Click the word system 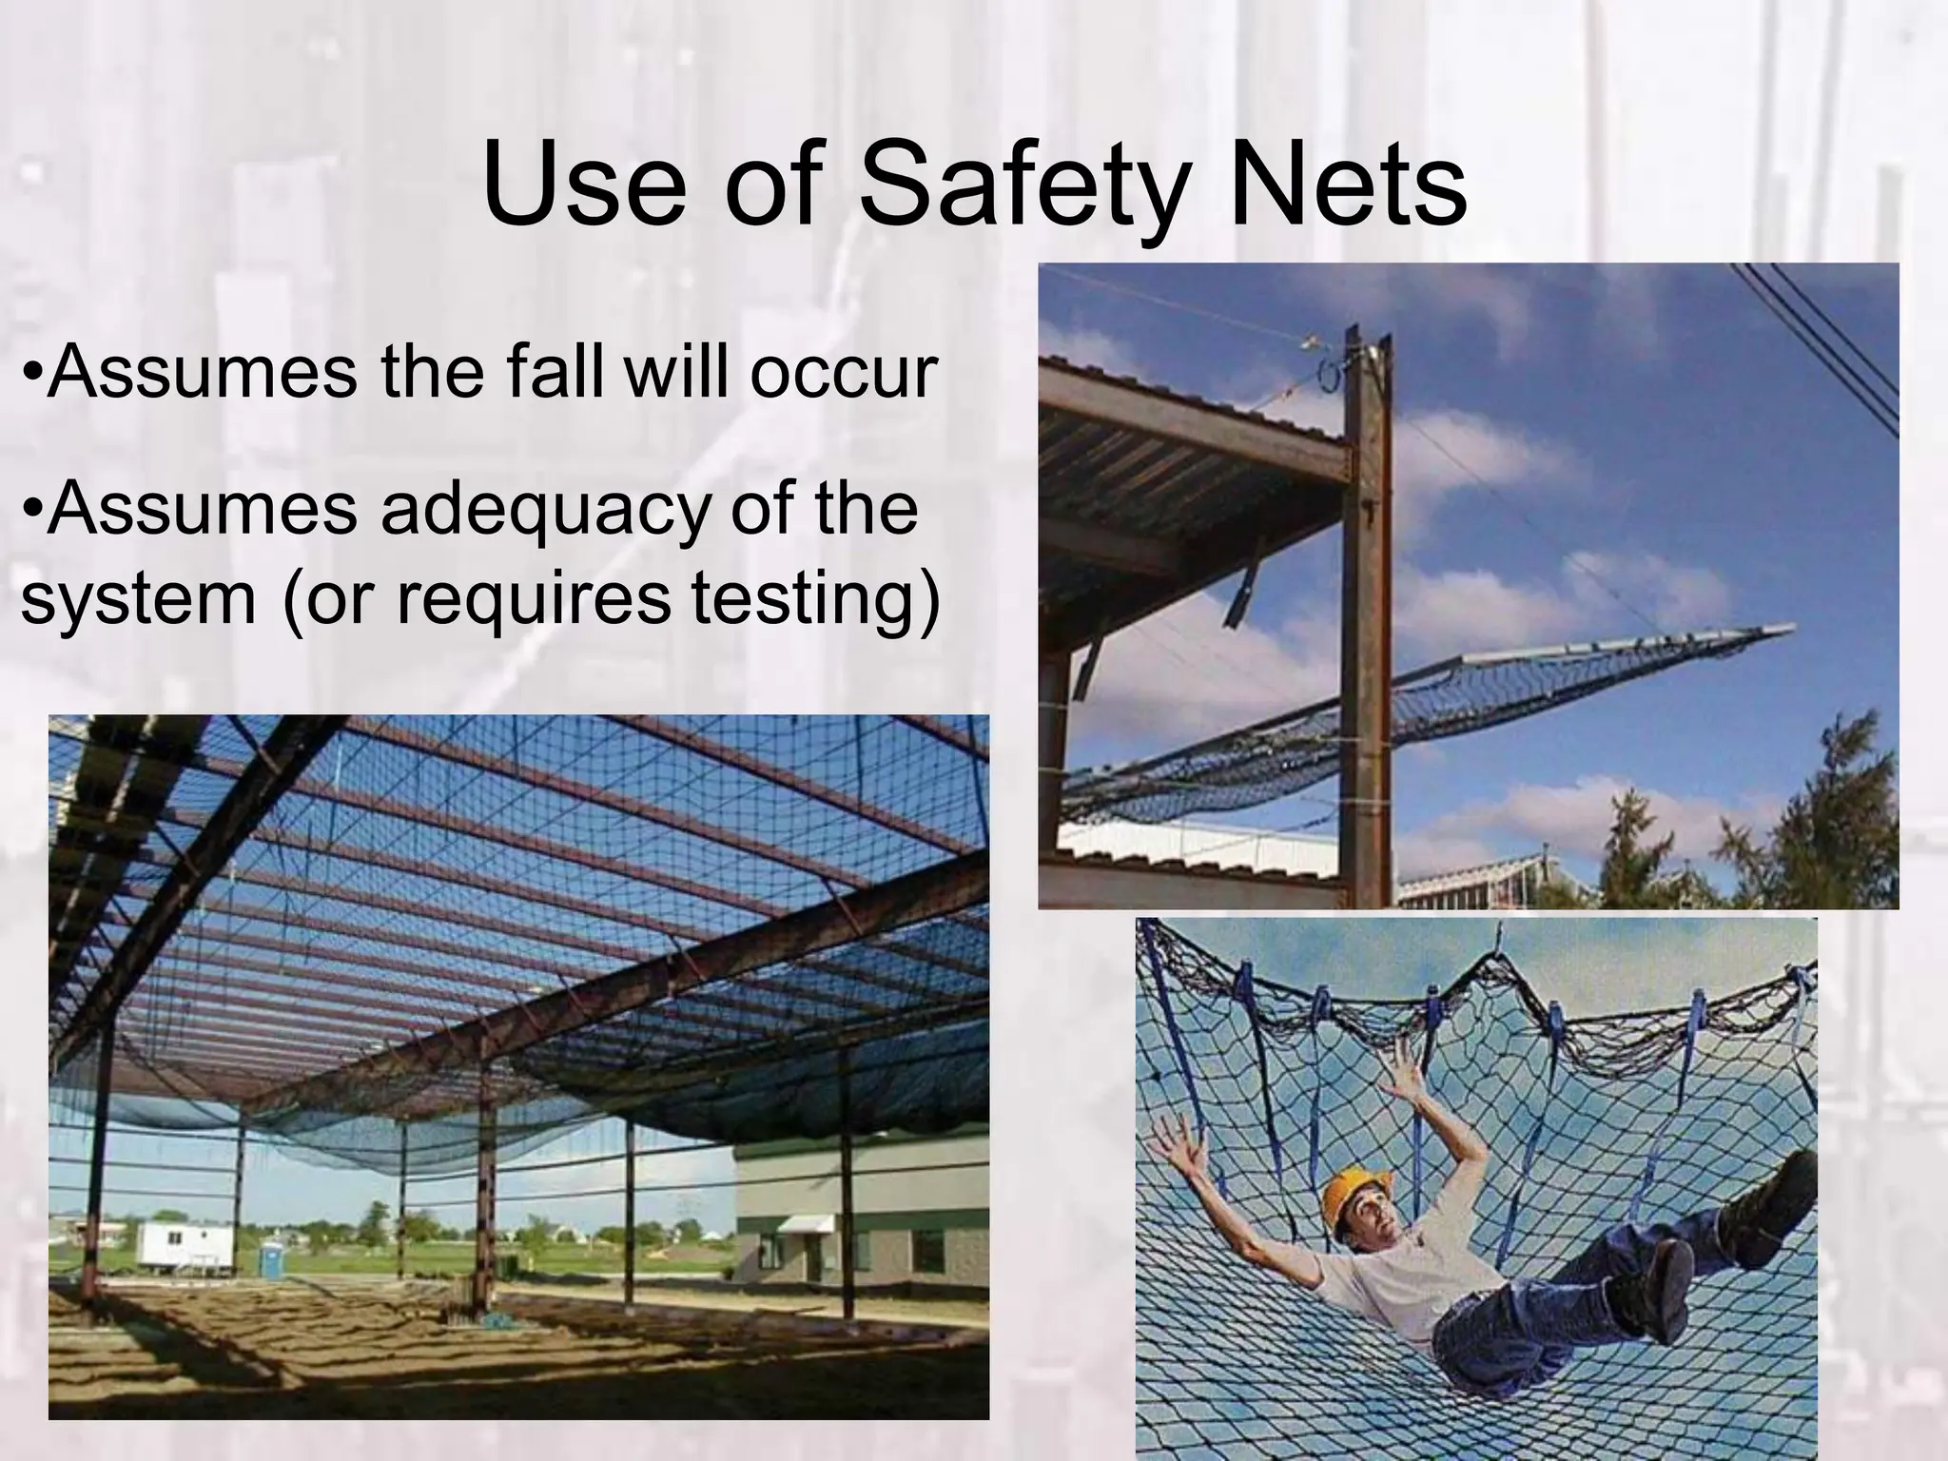pyautogui.click(x=137, y=599)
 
